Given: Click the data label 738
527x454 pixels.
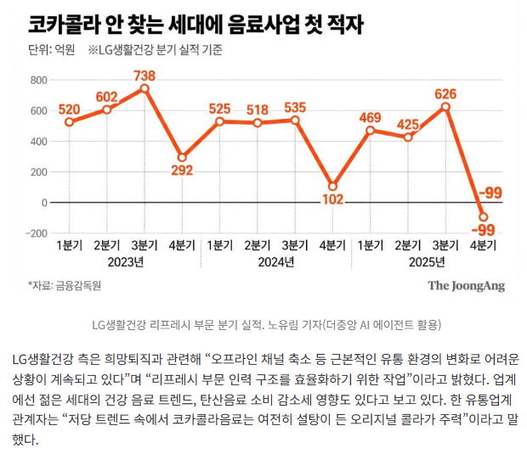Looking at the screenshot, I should point(144,76).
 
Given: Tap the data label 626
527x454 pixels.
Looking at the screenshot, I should point(445,93).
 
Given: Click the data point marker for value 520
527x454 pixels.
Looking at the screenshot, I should point(69,122).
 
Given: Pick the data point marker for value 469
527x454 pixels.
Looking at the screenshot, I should point(370,130).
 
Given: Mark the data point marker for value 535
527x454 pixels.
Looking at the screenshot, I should point(295,120).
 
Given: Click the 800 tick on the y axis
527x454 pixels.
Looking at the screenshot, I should point(37,80).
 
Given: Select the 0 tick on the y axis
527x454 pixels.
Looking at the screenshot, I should point(43,202).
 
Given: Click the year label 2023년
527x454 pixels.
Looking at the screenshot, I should point(125,262).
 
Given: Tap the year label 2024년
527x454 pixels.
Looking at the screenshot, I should point(275,262).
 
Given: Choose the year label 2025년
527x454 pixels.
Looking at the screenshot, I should point(426,262).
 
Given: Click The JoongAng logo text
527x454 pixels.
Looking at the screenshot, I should point(465,286).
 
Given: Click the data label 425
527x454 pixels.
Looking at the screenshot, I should point(408,125).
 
